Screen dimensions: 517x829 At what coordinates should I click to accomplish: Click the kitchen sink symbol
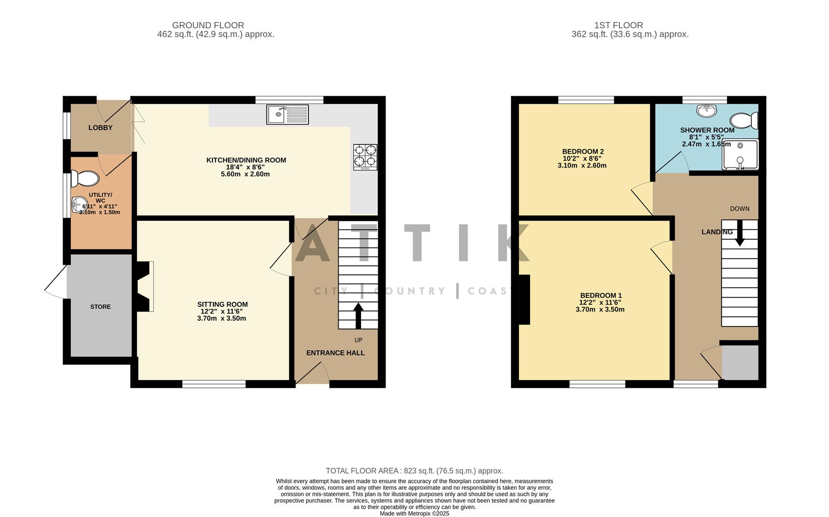point(287,115)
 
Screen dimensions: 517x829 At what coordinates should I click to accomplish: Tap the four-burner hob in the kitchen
point(365,157)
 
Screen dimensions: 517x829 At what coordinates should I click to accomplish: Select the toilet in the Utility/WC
point(85,179)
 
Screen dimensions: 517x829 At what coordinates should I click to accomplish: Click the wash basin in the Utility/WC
point(77,205)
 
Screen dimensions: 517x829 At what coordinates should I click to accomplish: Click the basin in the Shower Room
point(707,111)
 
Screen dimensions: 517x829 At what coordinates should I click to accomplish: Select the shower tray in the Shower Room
point(740,155)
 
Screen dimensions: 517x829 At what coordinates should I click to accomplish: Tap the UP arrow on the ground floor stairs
point(358,315)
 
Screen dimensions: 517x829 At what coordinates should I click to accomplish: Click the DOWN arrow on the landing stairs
point(740,233)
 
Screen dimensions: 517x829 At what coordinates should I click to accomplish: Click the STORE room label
point(100,307)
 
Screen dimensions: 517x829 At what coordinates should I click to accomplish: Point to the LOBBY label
point(100,128)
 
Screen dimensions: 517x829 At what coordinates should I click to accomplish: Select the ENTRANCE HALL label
point(335,353)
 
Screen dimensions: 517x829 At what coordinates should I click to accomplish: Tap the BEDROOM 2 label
point(582,151)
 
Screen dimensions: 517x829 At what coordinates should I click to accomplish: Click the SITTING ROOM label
point(222,304)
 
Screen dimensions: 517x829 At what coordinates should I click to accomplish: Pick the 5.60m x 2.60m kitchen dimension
point(245,174)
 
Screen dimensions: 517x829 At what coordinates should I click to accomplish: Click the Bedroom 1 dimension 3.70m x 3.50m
point(600,310)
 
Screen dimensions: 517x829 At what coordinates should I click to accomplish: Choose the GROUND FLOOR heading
point(208,25)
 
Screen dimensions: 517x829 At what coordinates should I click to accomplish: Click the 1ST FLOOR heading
point(619,25)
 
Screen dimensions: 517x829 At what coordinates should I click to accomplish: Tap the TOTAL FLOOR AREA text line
point(414,471)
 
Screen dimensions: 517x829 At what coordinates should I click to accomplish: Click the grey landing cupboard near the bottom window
point(740,363)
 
